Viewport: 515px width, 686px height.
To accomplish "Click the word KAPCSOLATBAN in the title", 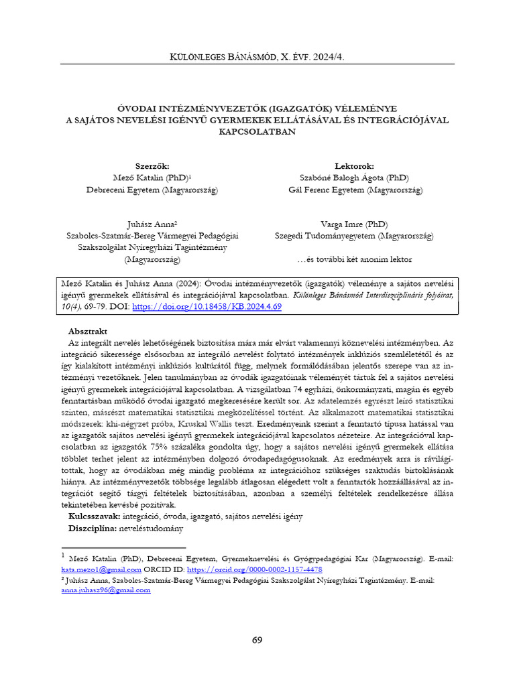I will pyautogui.click(x=257, y=132).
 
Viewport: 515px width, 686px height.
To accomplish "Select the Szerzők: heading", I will pyautogui.click(x=152, y=166).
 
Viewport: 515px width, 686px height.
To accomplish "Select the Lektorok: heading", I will pyautogui.click(x=354, y=166).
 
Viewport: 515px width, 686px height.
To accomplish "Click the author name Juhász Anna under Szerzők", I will pyautogui.click(x=152, y=224).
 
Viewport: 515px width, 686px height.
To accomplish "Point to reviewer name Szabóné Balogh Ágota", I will pyautogui.click(x=354, y=178).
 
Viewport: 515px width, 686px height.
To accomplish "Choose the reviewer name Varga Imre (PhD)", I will pyautogui.click(x=354, y=224).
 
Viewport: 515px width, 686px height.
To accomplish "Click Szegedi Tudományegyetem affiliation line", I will pyautogui.click(x=354, y=236).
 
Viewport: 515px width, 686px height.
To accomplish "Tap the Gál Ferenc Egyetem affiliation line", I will pyautogui.click(x=354, y=190).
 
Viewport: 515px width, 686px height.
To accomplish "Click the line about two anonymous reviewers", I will pyautogui.click(x=354, y=259).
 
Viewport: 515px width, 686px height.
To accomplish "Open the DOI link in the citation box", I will pyautogui.click(x=207, y=306).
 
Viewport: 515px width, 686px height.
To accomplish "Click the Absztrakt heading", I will pyautogui.click(x=88, y=332).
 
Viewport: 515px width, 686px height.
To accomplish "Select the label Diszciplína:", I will pyautogui.click(x=92, y=528).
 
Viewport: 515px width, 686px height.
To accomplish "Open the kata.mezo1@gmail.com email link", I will pyautogui.click(x=101, y=569).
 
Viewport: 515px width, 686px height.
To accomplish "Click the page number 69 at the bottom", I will pyautogui.click(x=257, y=640).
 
